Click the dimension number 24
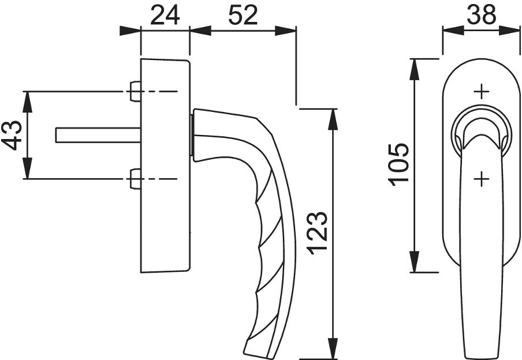[165, 16]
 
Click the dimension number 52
[243, 16]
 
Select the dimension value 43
[12, 135]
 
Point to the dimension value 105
[398, 164]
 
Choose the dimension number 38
[481, 16]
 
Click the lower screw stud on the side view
[135, 179]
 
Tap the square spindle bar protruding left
[98, 135]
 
